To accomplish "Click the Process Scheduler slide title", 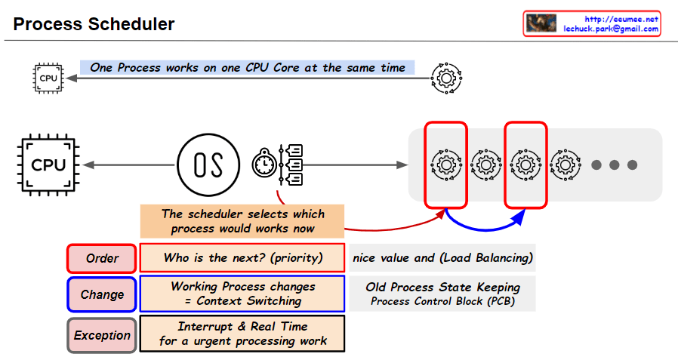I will (94, 24).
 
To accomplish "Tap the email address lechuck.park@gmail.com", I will (611, 29).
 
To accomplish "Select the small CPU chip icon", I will (48, 78).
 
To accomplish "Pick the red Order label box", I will (102, 258).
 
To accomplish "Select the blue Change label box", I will (102, 294).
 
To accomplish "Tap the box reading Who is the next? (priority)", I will (242, 258).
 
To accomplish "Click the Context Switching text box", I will (242, 294).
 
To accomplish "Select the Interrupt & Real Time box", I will (242, 334).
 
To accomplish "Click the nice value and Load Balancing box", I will (442, 258).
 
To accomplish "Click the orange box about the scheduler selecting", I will (242, 221).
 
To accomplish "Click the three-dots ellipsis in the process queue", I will (614, 165).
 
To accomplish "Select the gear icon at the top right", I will (445, 78).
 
